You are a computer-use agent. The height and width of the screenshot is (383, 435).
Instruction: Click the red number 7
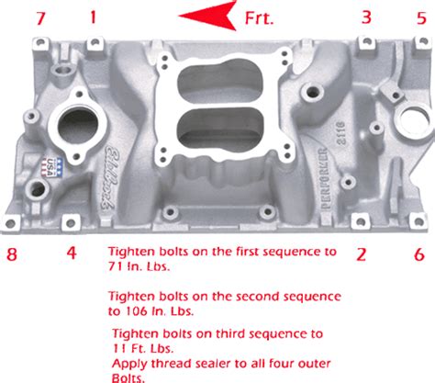[39, 17]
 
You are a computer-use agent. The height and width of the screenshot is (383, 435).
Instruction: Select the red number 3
[366, 17]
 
